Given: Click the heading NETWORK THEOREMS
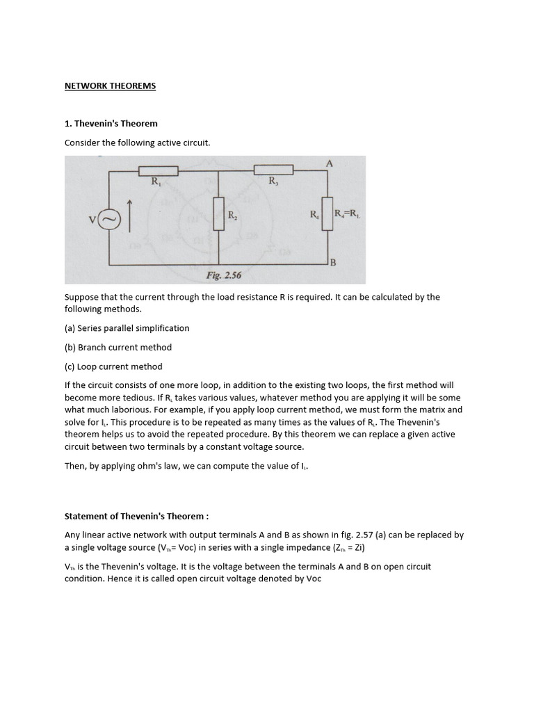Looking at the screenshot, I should [x=110, y=86].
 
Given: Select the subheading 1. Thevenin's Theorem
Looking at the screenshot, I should [x=111, y=124].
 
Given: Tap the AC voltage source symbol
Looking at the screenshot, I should [x=110, y=220].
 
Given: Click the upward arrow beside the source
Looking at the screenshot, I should [x=129, y=214].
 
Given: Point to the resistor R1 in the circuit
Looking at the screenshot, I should [x=159, y=170].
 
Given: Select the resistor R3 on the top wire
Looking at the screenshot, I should [x=273, y=170].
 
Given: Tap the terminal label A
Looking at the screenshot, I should [x=329, y=163].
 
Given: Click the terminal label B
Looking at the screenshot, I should [x=332, y=263].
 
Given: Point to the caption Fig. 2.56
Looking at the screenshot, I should [x=223, y=275].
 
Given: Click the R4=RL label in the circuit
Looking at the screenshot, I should [x=347, y=215].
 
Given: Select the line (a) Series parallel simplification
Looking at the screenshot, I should [x=127, y=328].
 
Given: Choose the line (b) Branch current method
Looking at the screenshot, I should [x=118, y=347].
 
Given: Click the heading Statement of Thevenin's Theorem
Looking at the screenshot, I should [x=136, y=517].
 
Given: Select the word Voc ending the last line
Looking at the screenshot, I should [x=313, y=578].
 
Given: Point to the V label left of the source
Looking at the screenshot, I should [x=92, y=220].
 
